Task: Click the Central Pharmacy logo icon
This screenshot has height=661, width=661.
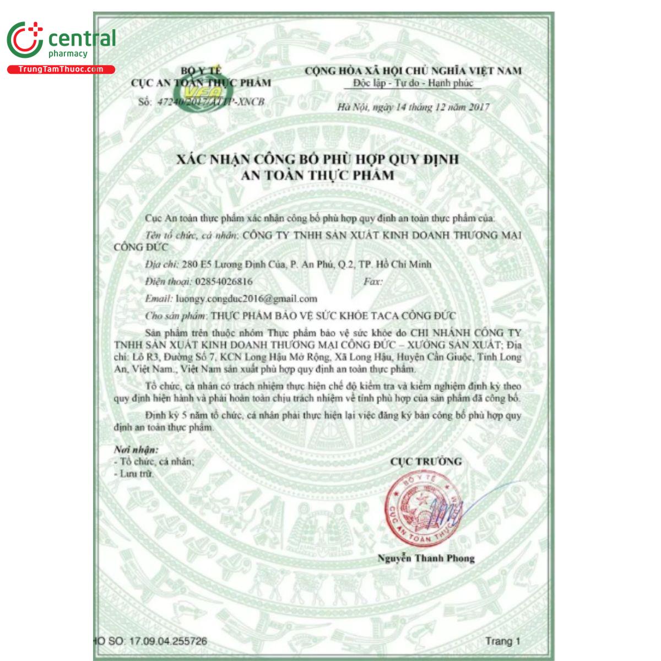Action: point(25,40)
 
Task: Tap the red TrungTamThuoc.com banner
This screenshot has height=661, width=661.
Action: point(61,69)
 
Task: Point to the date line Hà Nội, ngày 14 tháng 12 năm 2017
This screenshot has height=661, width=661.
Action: point(413,107)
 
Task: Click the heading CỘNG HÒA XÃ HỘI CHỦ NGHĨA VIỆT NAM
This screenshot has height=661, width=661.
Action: point(413,71)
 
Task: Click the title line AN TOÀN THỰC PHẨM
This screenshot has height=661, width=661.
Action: point(317,176)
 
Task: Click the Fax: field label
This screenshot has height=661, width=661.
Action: point(373,281)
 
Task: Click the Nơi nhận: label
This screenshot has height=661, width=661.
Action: point(136,449)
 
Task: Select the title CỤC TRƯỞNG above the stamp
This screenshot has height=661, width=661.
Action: point(426,462)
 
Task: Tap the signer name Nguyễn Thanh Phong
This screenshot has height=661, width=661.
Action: point(426,558)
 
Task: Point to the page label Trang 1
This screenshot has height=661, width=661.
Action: point(502,641)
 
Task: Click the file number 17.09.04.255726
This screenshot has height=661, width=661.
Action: point(169,641)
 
